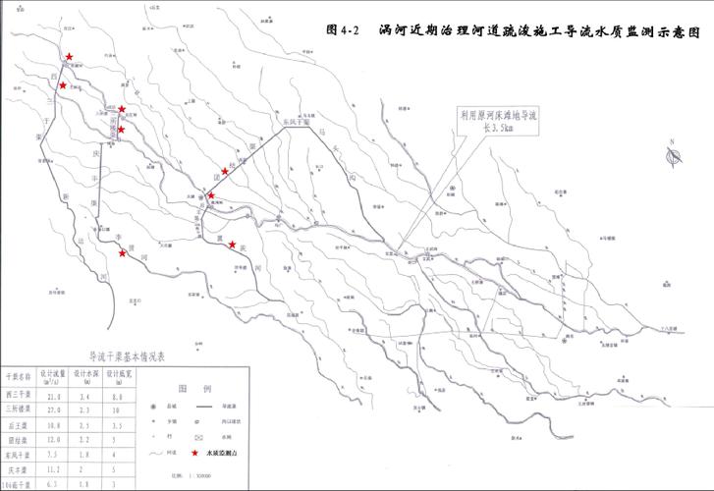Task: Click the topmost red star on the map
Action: [69, 57]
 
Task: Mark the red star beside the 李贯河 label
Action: [123, 253]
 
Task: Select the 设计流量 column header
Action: [52, 377]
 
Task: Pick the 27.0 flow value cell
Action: [53, 409]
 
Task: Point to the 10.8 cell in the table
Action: [53, 425]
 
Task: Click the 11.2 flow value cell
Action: [53, 470]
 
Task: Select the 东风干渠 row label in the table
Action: [19, 456]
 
